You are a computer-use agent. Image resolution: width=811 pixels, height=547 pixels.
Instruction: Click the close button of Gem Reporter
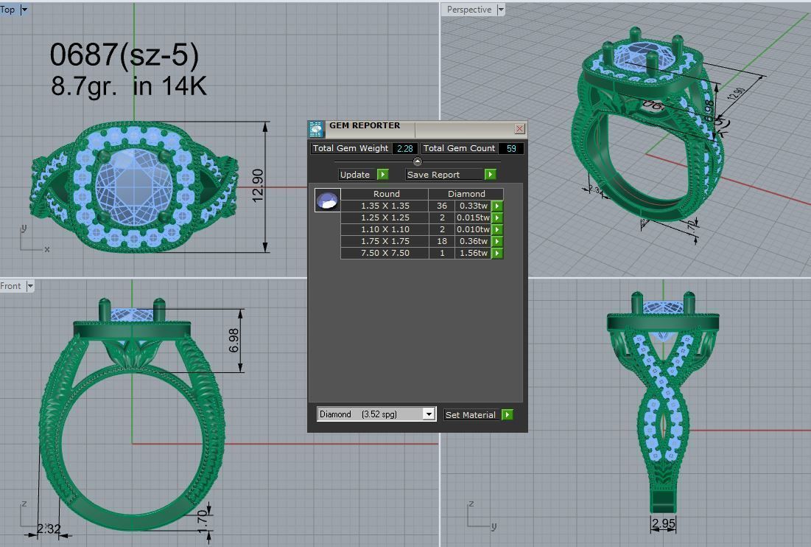point(519,129)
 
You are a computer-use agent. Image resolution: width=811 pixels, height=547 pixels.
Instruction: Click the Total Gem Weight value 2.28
point(404,148)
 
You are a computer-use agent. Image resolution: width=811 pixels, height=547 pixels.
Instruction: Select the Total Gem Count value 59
point(511,148)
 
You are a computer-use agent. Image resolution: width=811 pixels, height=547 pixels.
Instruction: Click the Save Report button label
point(433,175)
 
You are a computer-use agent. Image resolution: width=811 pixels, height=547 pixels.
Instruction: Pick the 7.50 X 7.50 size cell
point(385,253)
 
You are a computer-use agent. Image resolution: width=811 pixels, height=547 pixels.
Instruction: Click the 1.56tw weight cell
point(473,253)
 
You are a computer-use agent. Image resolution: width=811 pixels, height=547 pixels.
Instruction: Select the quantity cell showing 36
point(441,206)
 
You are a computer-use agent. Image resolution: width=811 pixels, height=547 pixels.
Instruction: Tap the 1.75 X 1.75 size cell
point(385,241)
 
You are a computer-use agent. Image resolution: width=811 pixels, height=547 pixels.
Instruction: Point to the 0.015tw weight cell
point(473,217)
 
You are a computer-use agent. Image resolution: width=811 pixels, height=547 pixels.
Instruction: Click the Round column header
point(386,194)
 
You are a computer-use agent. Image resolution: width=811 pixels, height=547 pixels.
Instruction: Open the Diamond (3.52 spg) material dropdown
point(429,414)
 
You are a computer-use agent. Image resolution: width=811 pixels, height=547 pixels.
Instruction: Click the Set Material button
point(470,415)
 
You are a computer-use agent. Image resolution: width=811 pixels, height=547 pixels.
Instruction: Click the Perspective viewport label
point(468,10)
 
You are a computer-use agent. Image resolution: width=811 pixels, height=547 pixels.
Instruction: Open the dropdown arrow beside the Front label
point(30,286)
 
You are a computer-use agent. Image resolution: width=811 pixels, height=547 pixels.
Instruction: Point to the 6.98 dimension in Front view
point(234,340)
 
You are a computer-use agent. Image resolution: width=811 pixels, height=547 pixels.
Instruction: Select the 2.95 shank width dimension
point(663,524)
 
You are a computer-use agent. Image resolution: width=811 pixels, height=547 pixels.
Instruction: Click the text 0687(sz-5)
point(124,55)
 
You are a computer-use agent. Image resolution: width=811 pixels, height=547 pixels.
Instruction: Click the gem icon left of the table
point(327,200)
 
